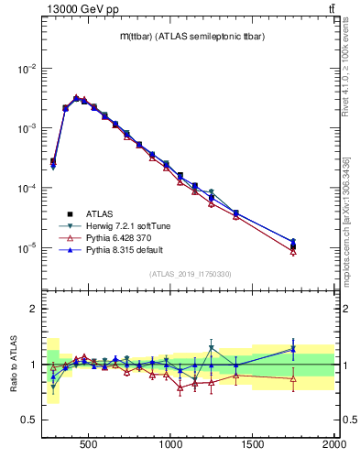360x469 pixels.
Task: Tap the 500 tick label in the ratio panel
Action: click(89, 445)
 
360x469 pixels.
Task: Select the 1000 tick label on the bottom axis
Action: click(171, 445)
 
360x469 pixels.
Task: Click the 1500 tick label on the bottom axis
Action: click(253, 445)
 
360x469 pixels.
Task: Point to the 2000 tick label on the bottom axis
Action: click(333, 445)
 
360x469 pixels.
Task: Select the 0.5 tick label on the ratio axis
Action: click(29, 421)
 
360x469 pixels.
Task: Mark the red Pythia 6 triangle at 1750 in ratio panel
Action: click(293, 378)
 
